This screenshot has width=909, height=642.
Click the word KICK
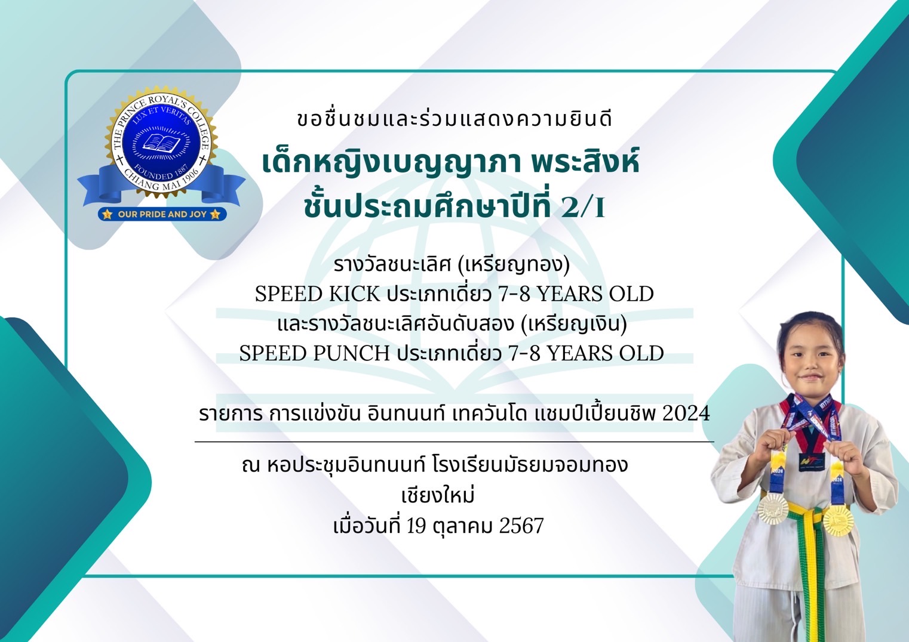click(x=354, y=294)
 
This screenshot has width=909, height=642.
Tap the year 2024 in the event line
click(x=686, y=413)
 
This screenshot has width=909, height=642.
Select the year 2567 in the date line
click(x=521, y=526)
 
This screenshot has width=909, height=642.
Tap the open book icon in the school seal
click(x=161, y=143)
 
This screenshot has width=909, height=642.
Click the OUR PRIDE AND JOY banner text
click(x=162, y=214)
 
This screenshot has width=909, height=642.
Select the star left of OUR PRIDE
click(x=107, y=214)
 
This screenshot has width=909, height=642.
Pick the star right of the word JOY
click(x=216, y=214)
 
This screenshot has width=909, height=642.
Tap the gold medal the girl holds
click(x=838, y=521)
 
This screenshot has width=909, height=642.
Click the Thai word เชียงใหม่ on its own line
click(x=438, y=495)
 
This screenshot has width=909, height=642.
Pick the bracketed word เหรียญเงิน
click(x=574, y=324)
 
